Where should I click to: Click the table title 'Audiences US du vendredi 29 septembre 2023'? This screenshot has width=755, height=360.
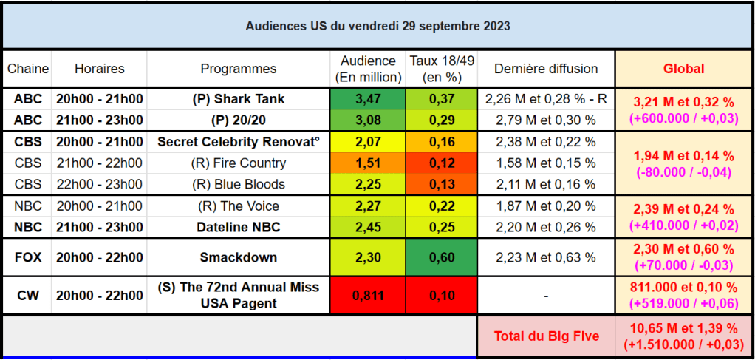pyautogui.click(x=377, y=26)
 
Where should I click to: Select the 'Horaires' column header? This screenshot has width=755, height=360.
pyautogui.click(x=99, y=69)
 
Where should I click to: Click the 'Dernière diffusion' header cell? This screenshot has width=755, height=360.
pyautogui.click(x=546, y=69)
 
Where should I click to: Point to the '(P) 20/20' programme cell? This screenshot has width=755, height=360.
pyautogui.click(x=239, y=120)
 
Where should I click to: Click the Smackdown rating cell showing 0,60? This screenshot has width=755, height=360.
pyautogui.click(x=442, y=257)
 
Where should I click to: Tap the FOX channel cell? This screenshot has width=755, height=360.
pyautogui.click(x=27, y=257)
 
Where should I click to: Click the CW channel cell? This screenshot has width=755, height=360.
pyautogui.click(x=27, y=296)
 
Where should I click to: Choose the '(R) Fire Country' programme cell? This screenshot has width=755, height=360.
pyautogui.click(x=239, y=163)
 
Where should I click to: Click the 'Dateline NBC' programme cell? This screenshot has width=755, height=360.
pyautogui.click(x=239, y=227)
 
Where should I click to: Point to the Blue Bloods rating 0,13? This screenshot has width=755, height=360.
pyautogui.click(x=442, y=184)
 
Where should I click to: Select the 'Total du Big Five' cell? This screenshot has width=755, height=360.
pyautogui.click(x=546, y=336)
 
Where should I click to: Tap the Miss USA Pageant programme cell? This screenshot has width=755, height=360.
pyautogui.click(x=239, y=296)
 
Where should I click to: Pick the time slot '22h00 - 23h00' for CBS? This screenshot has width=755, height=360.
pyautogui.click(x=99, y=184)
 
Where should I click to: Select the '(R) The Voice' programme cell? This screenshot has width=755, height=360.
pyautogui.click(x=239, y=206)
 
